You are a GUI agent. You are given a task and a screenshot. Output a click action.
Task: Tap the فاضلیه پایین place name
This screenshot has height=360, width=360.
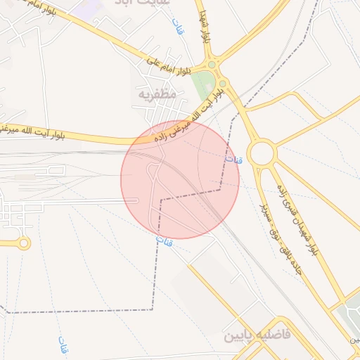coord(257,335)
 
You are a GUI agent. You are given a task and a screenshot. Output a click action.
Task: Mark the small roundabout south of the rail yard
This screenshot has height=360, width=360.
coord(25,243)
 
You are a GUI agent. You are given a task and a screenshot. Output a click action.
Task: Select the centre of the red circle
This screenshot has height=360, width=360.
coord(180,179)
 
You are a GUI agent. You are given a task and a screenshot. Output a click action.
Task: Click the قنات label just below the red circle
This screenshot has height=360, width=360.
coord(162,242)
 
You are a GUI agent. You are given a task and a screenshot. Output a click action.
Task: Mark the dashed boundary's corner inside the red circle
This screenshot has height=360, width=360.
coord(160,200)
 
